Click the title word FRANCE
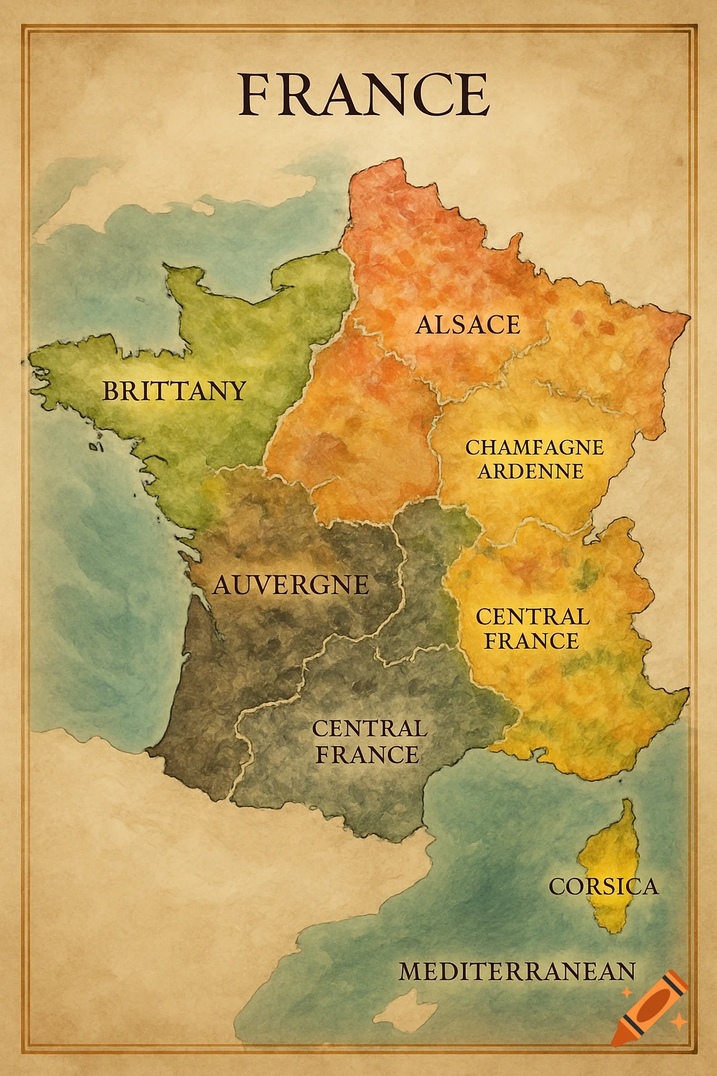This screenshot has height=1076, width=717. (x=363, y=95)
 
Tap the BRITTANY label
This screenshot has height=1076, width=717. (x=174, y=390)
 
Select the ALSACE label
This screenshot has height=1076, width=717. (x=468, y=324)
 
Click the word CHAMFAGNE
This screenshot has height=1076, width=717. (x=534, y=447)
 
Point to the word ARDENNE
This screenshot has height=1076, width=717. (x=531, y=471)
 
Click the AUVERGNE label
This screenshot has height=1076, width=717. (x=291, y=584)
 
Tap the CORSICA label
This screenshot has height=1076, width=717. (x=603, y=886)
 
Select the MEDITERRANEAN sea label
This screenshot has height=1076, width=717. (x=517, y=972)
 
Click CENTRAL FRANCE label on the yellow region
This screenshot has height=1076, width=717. (x=532, y=628)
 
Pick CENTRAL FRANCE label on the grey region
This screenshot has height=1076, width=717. (x=368, y=741)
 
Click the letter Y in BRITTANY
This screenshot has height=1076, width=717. (x=236, y=390)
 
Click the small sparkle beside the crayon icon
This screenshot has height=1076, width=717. (x=678, y=1022)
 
